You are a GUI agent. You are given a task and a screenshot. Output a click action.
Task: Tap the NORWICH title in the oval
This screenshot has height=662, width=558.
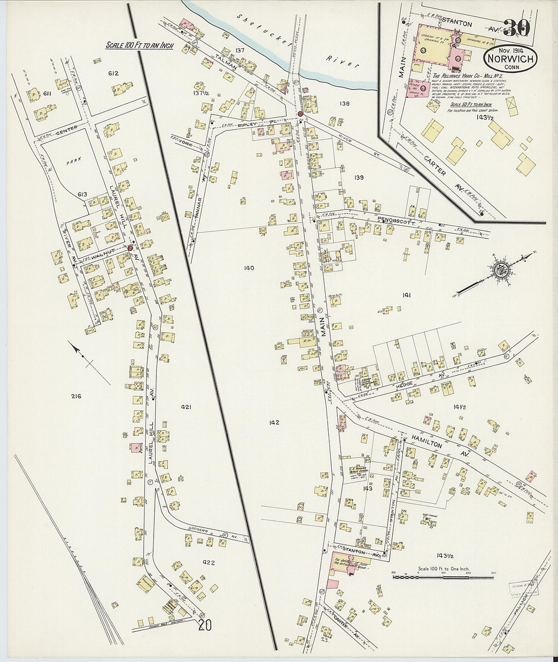coord(511,58)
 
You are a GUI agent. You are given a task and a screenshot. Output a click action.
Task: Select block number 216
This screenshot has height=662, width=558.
coord(76,396)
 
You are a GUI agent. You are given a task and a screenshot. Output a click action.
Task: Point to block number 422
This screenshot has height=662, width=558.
coord(208,563)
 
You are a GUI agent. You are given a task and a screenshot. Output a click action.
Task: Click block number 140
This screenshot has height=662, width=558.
coord(249,268)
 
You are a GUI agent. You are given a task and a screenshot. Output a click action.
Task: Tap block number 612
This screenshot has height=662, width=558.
coord(113,74)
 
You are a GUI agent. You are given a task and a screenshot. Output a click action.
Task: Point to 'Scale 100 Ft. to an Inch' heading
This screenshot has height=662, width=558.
coord(139,46)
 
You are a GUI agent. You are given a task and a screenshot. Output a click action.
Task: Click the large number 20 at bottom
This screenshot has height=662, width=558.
coord(205,625)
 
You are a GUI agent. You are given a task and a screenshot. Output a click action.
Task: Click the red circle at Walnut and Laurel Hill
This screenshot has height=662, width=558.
coord(130,248)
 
